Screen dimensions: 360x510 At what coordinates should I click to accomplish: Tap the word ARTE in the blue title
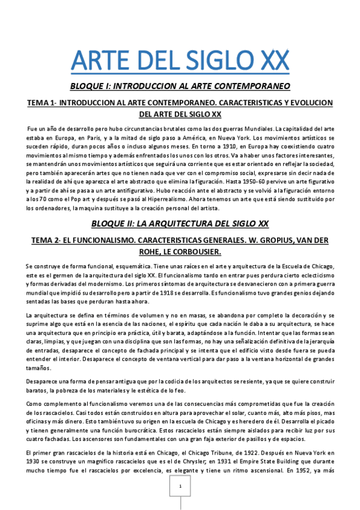click(102, 61)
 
